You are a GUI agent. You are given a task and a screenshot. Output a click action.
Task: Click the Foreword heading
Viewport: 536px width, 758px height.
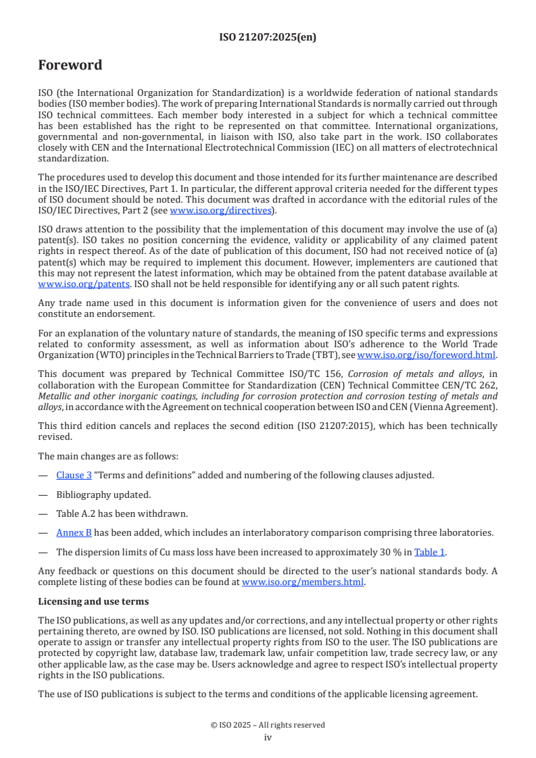pyautogui.click(x=70, y=66)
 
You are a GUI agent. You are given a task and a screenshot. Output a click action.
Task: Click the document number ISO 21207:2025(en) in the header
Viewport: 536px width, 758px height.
pyautogui.click(x=268, y=38)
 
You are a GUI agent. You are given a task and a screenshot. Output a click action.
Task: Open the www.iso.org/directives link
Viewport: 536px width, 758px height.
pyautogui.click(x=214, y=211)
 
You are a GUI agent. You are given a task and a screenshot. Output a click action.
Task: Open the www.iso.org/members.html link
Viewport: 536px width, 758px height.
pyautogui.click(x=303, y=582)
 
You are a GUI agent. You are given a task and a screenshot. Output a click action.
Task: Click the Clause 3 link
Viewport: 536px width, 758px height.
pyautogui.click(x=74, y=475)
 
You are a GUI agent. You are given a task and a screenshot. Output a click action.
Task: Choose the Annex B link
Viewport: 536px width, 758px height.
pyautogui.click(x=74, y=533)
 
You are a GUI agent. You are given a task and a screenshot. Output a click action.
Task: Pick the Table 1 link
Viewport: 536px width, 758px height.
pyautogui.click(x=429, y=552)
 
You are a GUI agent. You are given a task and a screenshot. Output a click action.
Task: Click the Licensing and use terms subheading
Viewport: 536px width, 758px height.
pyautogui.click(x=93, y=601)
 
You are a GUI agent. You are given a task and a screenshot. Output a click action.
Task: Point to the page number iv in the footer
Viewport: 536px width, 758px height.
pyautogui.click(x=268, y=737)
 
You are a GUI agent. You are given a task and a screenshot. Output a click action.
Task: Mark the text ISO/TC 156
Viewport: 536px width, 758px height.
pyautogui.click(x=319, y=374)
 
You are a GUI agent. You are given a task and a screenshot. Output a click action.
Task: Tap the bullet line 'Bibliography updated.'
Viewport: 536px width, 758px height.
pyautogui.click(x=103, y=495)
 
